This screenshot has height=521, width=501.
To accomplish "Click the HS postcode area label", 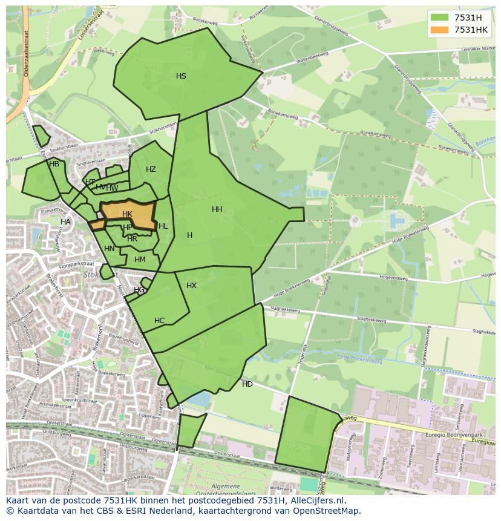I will coord(181,76).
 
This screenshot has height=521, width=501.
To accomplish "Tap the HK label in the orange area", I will coord(127,214).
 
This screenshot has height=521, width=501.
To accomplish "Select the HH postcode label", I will coord(217,209).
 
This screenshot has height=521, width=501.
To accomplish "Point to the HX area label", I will coord(191,286).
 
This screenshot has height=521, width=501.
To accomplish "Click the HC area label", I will coord(159,321).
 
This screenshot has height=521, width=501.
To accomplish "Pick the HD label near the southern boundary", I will coord(247,384).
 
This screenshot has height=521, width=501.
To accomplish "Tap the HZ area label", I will coord(151,169).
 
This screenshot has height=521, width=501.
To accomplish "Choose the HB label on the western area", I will coord(54,164).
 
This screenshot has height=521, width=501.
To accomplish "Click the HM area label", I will coord(140,260).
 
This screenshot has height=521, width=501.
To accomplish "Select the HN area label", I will coord(109,249).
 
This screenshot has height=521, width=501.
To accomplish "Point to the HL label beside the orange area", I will coord(163,226).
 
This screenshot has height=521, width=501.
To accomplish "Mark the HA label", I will coord(65,222).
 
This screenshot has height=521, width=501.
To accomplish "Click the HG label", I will coord(139,290).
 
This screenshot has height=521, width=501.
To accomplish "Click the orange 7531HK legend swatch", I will coord(439,30).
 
